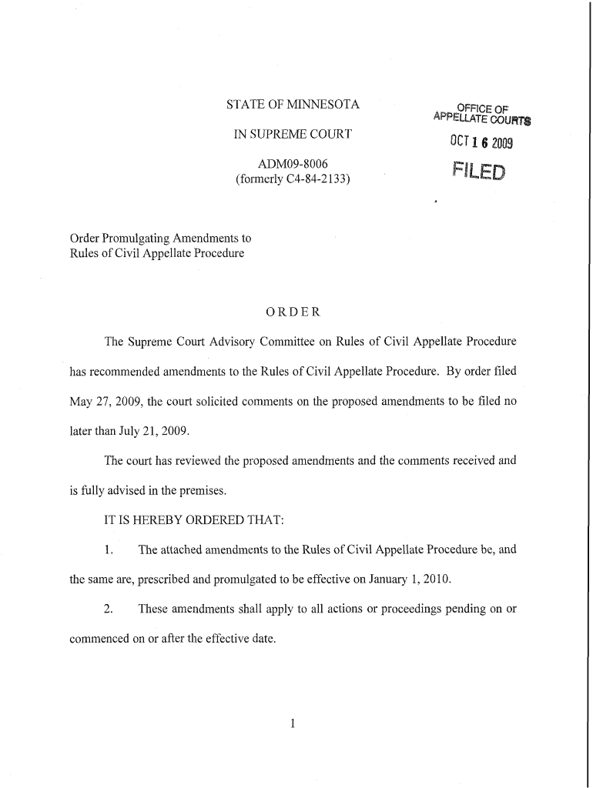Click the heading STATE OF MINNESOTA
(x=293, y=104)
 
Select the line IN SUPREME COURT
(x=293, y=135)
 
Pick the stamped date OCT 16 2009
(x=481, y=144)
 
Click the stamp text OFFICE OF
(x=484, y=108)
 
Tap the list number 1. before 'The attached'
(x=109, y=549)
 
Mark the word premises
(x=189, y=490)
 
